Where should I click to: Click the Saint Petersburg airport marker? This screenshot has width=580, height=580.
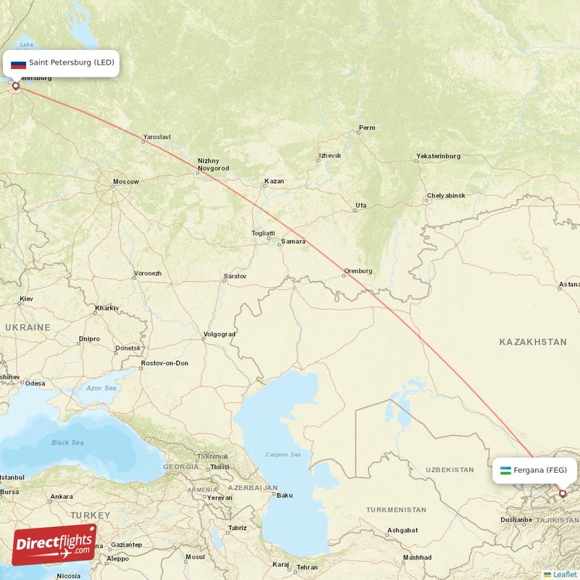coord(15,86)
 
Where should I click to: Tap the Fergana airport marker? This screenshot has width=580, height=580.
coord(562,494)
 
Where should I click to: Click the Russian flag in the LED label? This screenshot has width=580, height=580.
coord(18,63)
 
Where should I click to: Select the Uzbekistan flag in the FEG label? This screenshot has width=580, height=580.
coord(505,471)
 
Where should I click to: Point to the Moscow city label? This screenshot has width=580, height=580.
coord(125,181)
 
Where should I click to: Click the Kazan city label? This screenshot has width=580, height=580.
coord(275,181)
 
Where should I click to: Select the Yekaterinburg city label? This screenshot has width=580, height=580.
coord(438,157)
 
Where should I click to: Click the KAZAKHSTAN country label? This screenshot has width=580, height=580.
coord(532,341)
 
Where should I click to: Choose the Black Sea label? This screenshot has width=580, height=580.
coord(67,442)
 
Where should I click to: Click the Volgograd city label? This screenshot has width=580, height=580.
coord(220,334)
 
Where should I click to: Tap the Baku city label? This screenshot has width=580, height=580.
coord(284,495)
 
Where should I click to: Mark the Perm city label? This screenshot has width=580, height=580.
coord(367,128)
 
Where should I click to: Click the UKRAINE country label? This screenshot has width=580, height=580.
coord(28,328)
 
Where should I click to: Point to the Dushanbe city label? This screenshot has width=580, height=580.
coord(515,520)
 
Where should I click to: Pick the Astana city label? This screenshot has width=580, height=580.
coord(569,285)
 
